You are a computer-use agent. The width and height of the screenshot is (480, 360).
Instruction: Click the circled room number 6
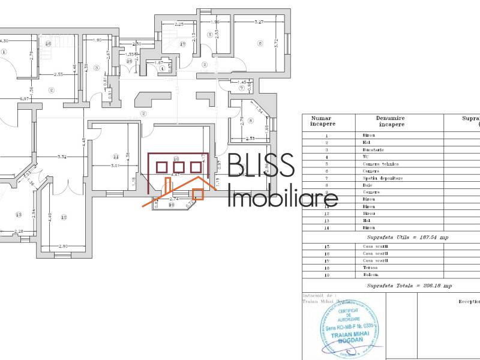(260, 43)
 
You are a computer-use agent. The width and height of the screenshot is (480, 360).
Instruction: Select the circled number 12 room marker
(64, 217)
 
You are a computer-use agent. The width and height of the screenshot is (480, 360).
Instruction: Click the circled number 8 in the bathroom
(250, 120)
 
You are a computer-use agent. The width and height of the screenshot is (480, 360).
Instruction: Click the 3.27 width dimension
(260, 22)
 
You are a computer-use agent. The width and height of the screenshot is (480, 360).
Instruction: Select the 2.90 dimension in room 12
(63, 247)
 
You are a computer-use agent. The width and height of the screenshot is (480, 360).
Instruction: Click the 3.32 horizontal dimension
(61, 157)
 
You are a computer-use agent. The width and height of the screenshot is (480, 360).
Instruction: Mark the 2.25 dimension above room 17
(179, 25)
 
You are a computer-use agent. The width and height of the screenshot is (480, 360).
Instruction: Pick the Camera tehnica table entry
(380, 164)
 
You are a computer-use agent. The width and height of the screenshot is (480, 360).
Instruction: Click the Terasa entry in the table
(370, 267)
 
